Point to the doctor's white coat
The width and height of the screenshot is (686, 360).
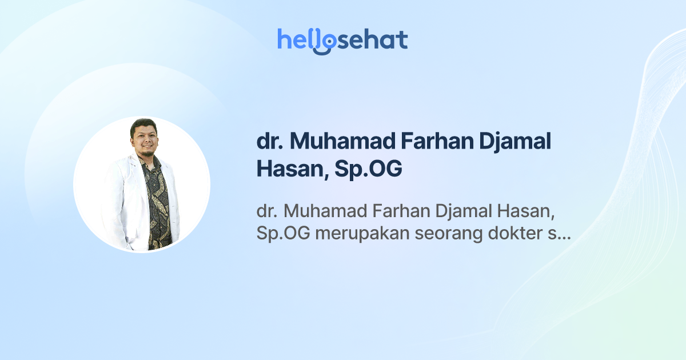coord(122,200)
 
